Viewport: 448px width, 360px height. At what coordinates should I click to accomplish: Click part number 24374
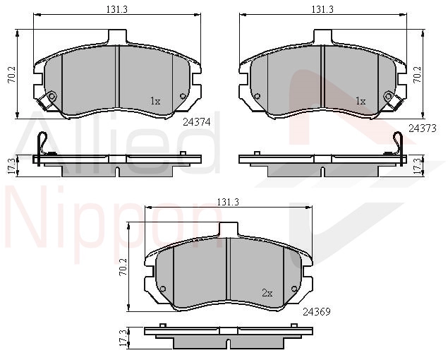[197, 122]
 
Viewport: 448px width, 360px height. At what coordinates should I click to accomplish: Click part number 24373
[423, 128]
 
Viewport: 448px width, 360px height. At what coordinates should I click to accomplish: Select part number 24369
[317, 311]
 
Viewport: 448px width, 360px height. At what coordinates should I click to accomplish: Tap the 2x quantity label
[267, 293]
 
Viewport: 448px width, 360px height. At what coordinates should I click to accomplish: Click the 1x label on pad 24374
[155, 101]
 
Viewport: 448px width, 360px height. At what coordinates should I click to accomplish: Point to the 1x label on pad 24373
[361, 101]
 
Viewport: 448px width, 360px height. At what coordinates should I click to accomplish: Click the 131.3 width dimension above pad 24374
[117, 9]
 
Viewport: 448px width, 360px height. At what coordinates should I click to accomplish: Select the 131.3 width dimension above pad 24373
[322, 9]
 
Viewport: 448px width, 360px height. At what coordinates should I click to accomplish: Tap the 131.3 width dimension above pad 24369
[228, 202]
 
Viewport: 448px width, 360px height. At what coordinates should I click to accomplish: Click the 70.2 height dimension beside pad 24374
[12, 74]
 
